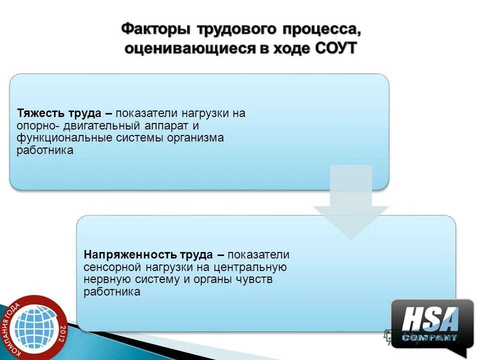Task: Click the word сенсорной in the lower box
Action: pos(113,267)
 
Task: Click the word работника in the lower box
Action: pos(112,292)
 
